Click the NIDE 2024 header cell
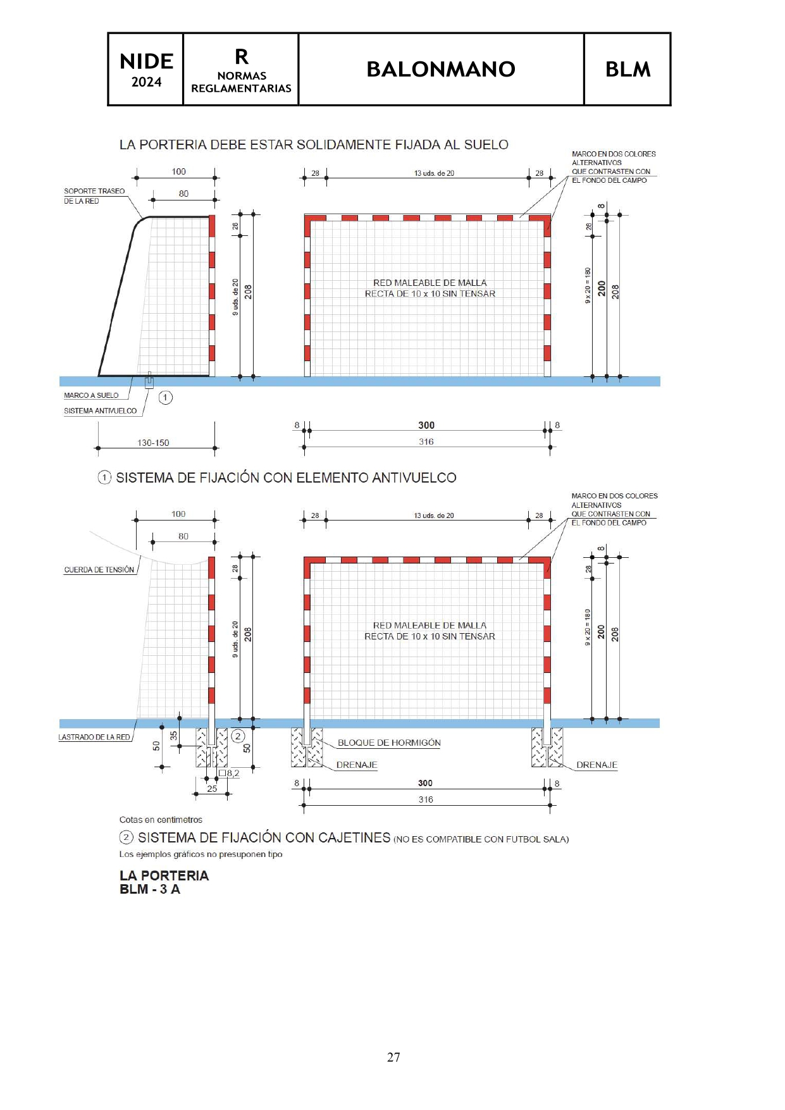pos(146,69)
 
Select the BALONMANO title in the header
pos(441,69)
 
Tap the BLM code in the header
pos(627,69)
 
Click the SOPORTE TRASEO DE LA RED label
pos(94,195)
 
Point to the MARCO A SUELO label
pos(91,395)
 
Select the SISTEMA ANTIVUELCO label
pos(100,411)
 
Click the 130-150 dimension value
pos(153,443)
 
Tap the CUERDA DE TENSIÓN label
pos(99,570)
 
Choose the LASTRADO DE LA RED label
pos(94,737)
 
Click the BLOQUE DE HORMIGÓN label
pos(389,743)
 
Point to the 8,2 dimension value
pos(233,773)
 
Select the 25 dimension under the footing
pos(212,789)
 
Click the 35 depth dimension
pos(173,736)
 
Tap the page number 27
pos(393,1057)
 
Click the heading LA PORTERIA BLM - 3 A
pos(164,882)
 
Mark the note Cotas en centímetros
pos(161,820)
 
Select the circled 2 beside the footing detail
pos(238,736)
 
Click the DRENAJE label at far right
pos(596,765)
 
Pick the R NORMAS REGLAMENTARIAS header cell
pos(241,69)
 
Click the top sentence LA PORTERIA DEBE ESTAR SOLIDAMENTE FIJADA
pos(314,145)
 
